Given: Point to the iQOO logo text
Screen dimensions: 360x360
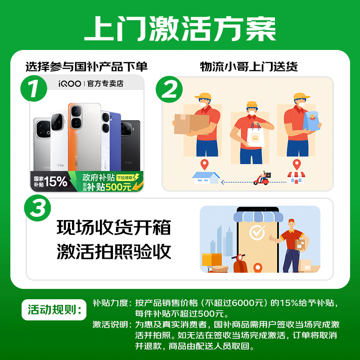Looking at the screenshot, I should coord(70,84).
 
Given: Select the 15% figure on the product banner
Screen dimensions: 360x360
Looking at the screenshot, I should coord(55,181).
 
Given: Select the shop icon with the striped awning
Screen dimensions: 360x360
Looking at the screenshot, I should coord(296,177).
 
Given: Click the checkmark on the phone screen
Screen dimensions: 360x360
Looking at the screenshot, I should coord(258,233).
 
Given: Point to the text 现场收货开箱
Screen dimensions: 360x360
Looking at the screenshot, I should coord(114,228).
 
